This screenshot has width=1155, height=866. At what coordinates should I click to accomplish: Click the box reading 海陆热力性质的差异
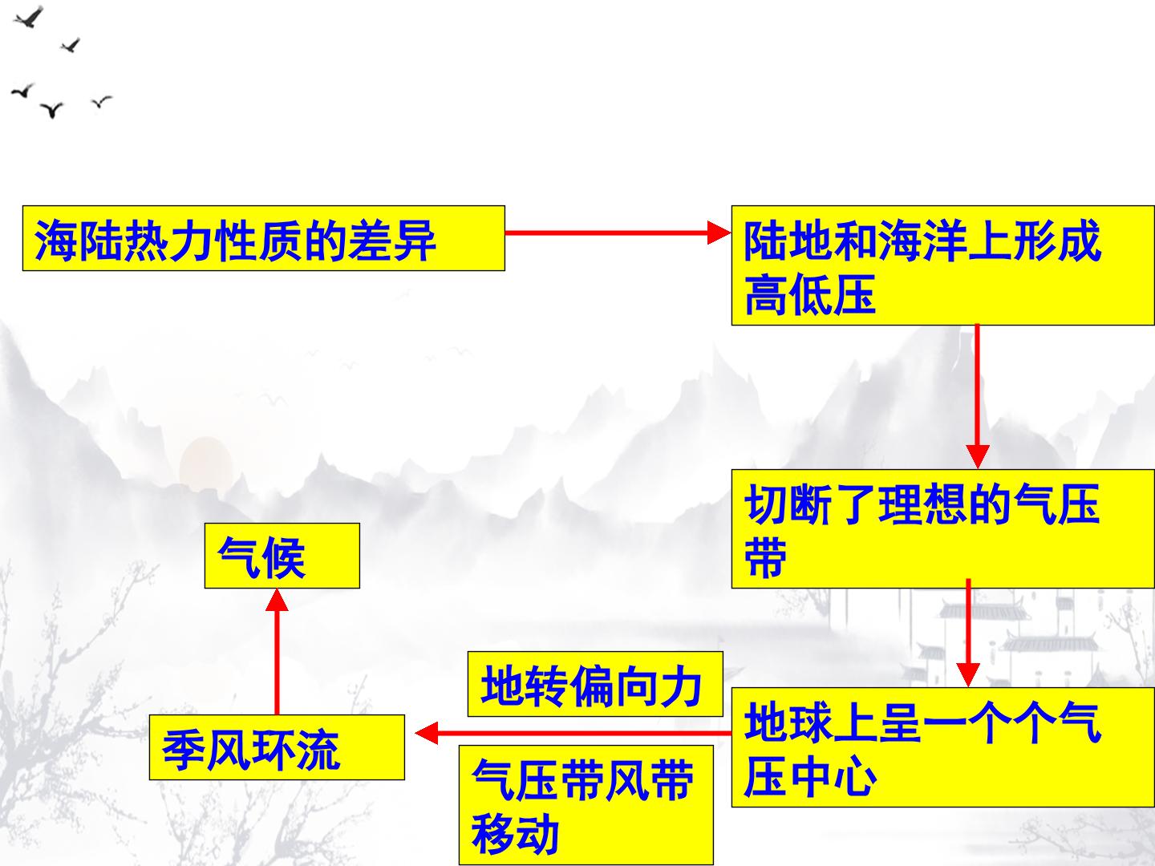tap(264, 238)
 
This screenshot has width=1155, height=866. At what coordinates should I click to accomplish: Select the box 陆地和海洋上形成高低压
tap(943, 265)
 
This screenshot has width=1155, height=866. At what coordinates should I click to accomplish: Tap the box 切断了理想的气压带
tap(943, 528)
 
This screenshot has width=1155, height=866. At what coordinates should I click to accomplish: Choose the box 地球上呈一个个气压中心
tap(943, 747)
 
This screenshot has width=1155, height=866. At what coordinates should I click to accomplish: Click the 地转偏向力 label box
tap(595, 684)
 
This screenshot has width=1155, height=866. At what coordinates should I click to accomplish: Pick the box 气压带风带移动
tap(586, 805)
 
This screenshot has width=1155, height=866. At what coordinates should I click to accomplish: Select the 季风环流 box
tap(277, 747)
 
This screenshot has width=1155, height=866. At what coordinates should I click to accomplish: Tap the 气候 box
tap(282, 556)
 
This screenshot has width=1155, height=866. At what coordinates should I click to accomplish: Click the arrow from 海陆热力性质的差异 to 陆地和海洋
tap(618, 233)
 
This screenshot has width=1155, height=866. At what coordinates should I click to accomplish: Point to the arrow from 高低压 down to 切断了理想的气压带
tap(977, 396)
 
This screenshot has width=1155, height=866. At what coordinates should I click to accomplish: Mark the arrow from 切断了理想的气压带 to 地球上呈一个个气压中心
tap(967, 633)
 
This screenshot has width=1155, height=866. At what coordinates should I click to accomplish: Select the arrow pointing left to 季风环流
tap(573, 733)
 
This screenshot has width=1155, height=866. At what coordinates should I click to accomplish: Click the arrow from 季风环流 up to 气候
tap(277, 651)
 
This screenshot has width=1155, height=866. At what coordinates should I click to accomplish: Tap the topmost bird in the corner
tap(28, 18)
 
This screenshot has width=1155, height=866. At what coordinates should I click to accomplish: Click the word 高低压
tap(810, 294)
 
